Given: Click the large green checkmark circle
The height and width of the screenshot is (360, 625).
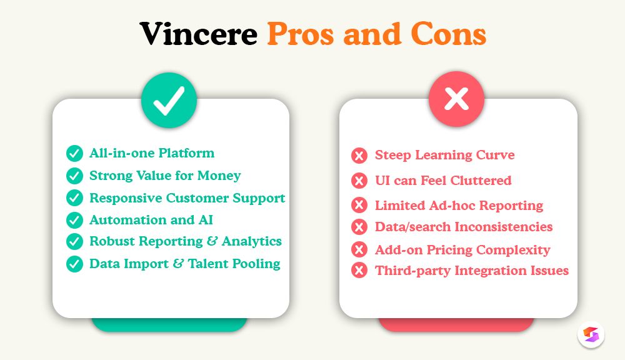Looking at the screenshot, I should (x=169, y=101).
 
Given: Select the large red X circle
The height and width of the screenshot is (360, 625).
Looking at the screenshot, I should (x=456, y=100).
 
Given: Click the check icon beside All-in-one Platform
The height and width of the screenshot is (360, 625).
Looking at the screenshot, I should (x=75, y=154).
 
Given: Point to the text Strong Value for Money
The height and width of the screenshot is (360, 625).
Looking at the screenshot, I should (x=165, y=176).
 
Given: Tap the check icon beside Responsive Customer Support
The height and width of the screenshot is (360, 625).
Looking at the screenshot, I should (x=75, y=198).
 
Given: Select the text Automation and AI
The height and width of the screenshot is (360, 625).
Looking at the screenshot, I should (x=151, y=220).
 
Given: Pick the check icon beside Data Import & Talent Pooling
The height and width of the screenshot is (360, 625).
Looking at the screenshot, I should (x=75, y=264).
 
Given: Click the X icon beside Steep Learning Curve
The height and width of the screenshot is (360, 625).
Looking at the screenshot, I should (x=359, y=156).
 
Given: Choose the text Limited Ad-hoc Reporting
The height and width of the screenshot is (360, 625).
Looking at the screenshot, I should (x=459, y=206).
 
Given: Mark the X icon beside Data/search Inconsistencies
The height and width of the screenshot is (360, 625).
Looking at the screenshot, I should (x=359, y=227).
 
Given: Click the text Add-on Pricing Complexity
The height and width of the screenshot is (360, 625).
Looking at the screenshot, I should (x=462, y=250).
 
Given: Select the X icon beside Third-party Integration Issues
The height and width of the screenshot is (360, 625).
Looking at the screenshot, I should (x=359, y=271).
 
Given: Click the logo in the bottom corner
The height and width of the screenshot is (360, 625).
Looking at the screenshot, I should (x=591, y=334).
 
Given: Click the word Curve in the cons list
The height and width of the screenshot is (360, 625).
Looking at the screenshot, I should (x=495, y=155).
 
